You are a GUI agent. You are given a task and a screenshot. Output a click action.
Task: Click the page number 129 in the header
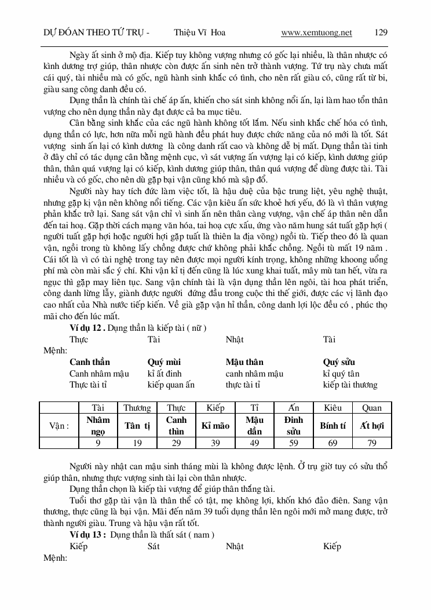tap(381, 32)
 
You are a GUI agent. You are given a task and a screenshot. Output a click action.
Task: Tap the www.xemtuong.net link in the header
tap(316, 32)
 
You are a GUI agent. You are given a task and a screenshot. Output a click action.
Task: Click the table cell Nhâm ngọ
tap(98, 426)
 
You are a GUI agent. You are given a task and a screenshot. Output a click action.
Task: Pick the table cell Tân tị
tap(137, 426)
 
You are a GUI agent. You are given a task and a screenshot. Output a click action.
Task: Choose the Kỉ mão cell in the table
tap(215, 426)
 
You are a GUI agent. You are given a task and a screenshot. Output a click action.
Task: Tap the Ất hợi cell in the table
tap(372, 426)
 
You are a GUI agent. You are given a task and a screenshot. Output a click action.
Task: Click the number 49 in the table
tap(254, 443)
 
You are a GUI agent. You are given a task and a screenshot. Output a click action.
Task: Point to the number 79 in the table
tap(372, 443)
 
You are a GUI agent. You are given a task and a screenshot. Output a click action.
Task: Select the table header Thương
tap(137, 408)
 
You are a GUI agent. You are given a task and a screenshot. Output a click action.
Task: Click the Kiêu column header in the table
tap(333, 408)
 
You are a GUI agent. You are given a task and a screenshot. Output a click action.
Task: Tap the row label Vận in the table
tap(59, 426)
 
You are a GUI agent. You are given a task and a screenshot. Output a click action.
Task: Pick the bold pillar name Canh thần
tap(90, 362)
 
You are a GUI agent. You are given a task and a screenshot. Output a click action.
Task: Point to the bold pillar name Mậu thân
tap(244, 362)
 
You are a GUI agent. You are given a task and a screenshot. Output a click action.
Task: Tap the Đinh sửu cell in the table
tap(294, 426)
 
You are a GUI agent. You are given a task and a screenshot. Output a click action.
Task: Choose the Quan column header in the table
tap(372, 408)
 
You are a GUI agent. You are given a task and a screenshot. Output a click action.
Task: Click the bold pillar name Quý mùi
tap(165, 362)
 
